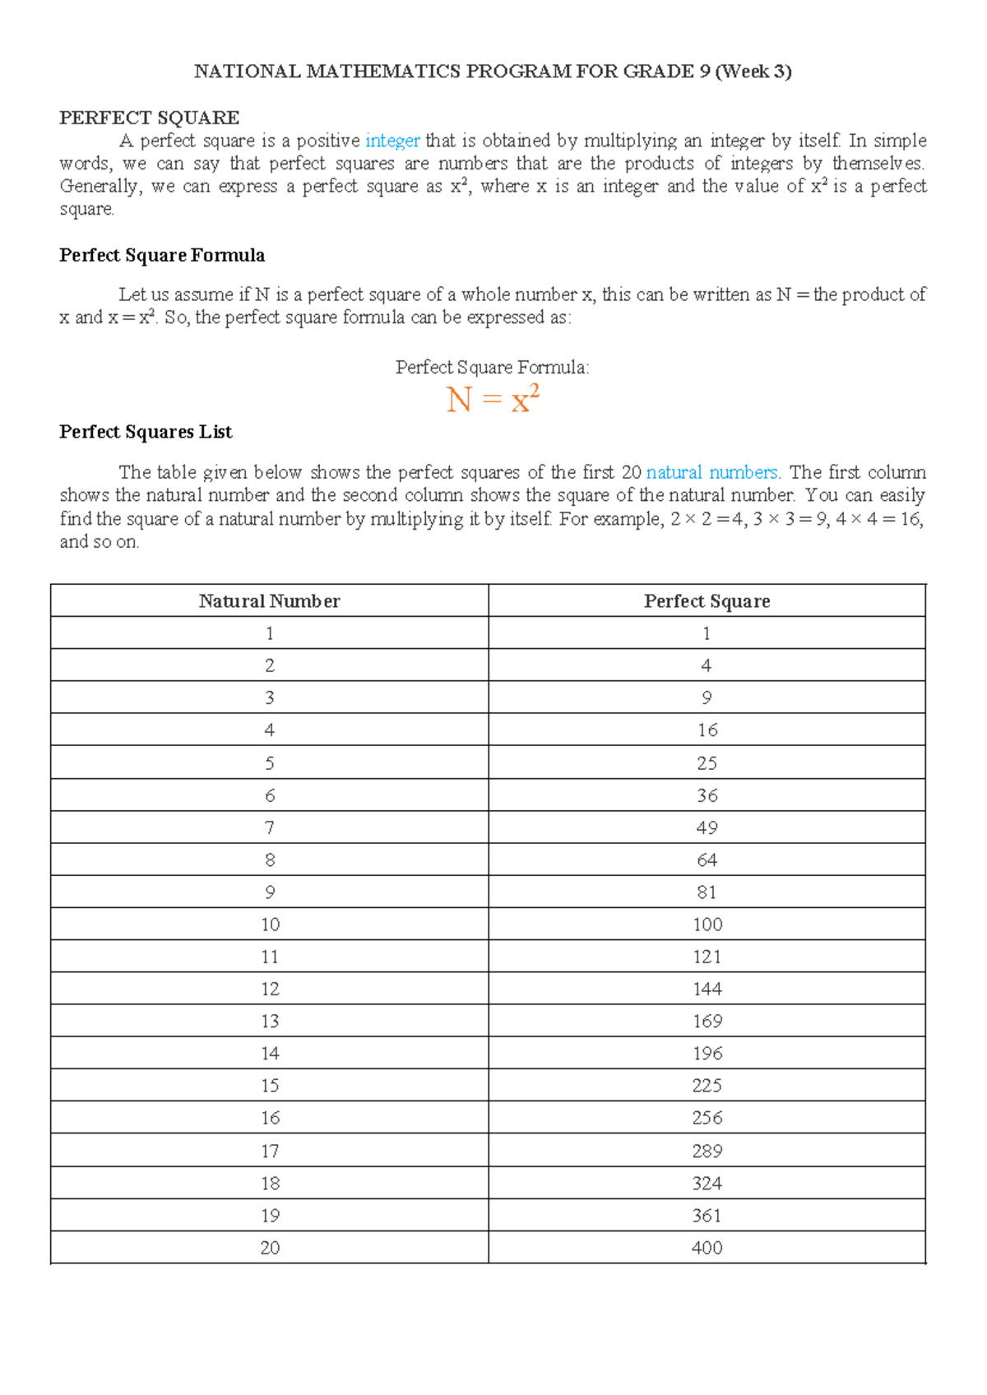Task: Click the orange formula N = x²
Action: pos(493,401)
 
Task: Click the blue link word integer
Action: pos(392,141)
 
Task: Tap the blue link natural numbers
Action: pos(711,472)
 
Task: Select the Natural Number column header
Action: pos(269,601)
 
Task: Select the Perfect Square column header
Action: pos(707,601)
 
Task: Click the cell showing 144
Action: pos(707,989)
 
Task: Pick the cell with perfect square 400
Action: pos(707,1248)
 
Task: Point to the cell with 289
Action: pos(707,1151)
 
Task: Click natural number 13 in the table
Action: pos(270,1021)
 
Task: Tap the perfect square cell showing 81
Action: pos(707,892)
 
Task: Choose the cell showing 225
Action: pos(707,1086)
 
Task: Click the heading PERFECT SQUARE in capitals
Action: pos(149,118)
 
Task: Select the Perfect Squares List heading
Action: pos(146,432)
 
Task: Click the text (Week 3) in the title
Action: pos(753,72)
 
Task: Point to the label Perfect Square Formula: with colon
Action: pos(492,368)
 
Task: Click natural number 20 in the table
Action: pos(270,1248)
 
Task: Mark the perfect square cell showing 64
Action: pos(707,860)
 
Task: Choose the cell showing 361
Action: pos(707,1216)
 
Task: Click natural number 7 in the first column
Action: pos(270,828)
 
